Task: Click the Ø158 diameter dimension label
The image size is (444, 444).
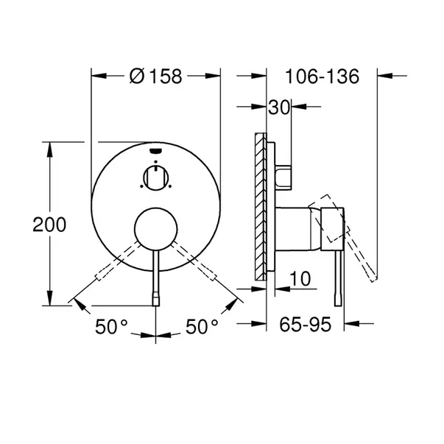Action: coord(156,76)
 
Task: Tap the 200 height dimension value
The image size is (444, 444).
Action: coord(49,225)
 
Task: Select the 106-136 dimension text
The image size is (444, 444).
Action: coord(323,77)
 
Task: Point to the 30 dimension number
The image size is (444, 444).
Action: coord(279,107)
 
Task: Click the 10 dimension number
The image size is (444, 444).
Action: coord(300,278)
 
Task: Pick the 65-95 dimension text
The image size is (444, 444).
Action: coord(305,325)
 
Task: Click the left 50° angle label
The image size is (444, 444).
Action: coord(111,326)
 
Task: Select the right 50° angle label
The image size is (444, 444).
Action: coord(202,326)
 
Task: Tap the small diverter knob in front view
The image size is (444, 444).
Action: coord(156,177)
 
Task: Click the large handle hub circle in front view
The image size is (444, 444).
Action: coord(156,229)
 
